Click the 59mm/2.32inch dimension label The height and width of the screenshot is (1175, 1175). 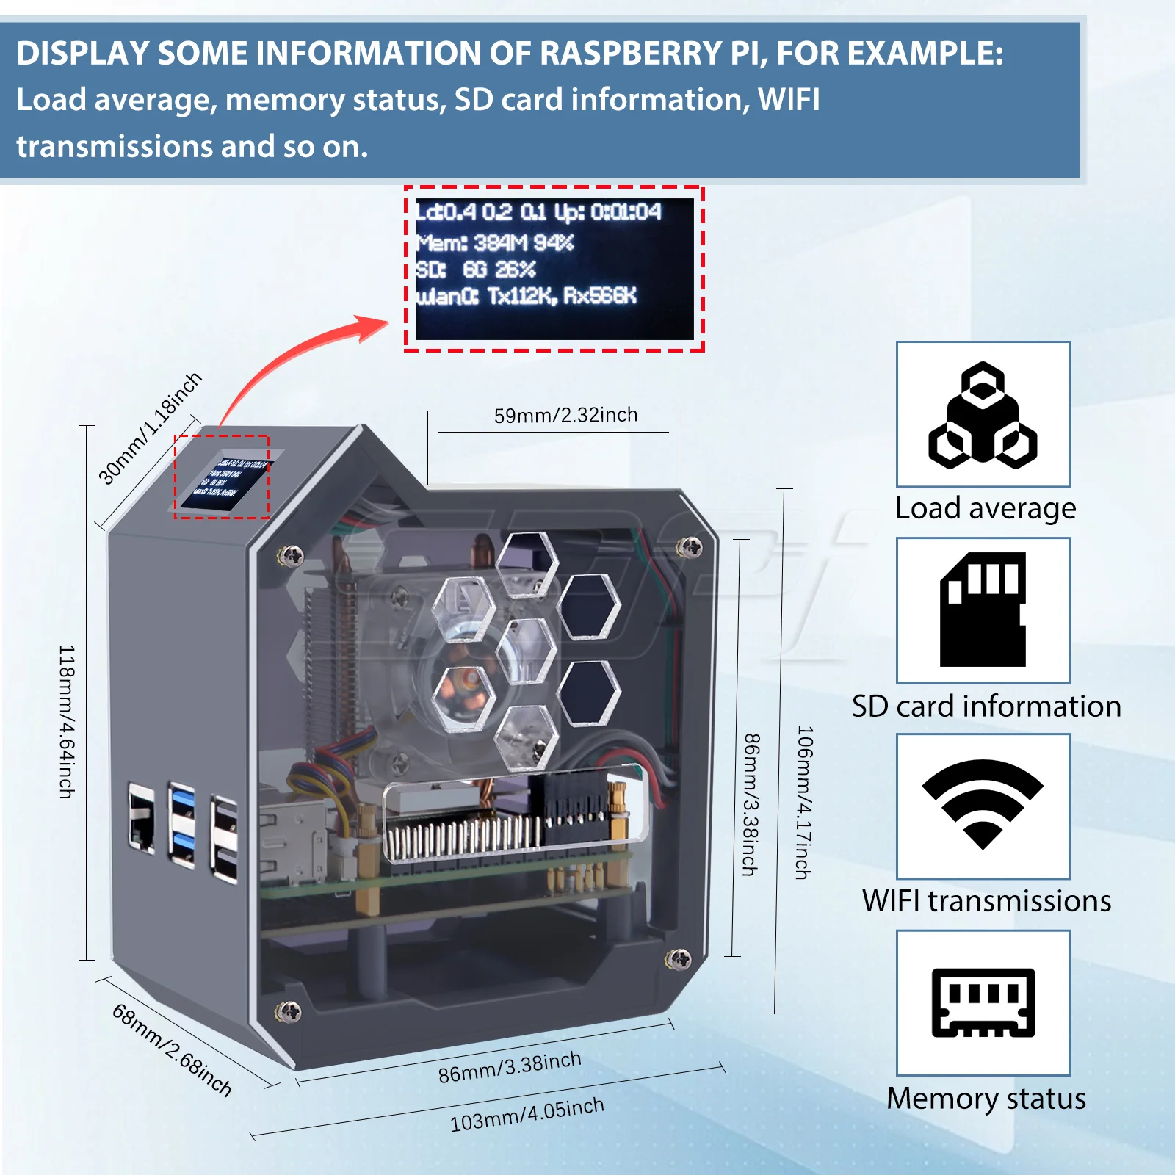565,415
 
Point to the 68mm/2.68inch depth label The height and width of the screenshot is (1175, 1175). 172,1050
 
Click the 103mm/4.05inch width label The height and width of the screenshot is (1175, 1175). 527,1114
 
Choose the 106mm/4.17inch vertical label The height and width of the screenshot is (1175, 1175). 804,802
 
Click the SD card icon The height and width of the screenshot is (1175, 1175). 983,610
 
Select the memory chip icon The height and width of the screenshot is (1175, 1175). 983,1002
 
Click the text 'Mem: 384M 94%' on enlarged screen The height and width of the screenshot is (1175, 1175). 494,242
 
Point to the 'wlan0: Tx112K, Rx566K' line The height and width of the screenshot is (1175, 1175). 526,296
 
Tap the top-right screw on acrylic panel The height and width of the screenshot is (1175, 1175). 688,546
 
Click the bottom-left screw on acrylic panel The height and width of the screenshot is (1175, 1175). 288,1012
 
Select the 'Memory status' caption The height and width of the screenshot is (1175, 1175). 986,1099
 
